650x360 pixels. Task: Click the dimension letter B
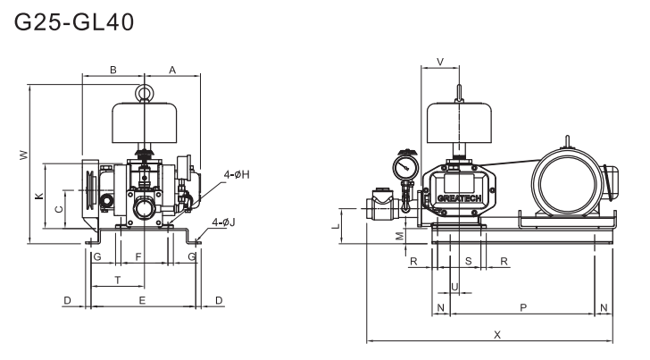[112, 69]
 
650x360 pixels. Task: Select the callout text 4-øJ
[224, 222]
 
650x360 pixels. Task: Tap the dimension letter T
[118, 280]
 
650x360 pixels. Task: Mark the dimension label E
[142, 300]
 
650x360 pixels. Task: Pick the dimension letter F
[137, 257]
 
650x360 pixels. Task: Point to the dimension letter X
[496, 333]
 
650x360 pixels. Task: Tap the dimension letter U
[454, 286]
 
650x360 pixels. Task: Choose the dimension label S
[469, 260]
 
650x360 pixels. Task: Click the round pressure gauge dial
[406, 166]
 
